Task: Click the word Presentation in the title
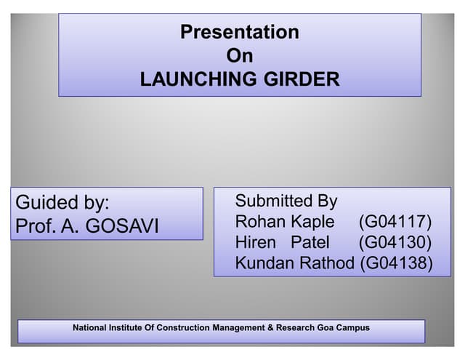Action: [x=239, y=33]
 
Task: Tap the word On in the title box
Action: [x=239, y=56]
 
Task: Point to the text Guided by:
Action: [x=62, y=202]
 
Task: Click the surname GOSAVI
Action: [x=122, y=226]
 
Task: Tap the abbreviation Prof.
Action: [x=34, y=226]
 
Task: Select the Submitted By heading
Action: [x=286, y=201]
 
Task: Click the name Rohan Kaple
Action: [x=285, y=221]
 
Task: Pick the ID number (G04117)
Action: [x=395, y=221]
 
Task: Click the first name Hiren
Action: [x=256, y=242]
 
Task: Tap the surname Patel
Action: [x=310, y=242]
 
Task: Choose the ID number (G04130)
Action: [x=395, y=242]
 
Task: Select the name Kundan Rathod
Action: [x=296, y=263]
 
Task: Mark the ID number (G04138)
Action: [x=397, y=263]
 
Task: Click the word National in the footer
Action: [x=90, y=328]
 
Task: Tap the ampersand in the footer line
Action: [x=270, y=328]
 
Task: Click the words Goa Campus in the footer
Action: [x=344, y=328]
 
